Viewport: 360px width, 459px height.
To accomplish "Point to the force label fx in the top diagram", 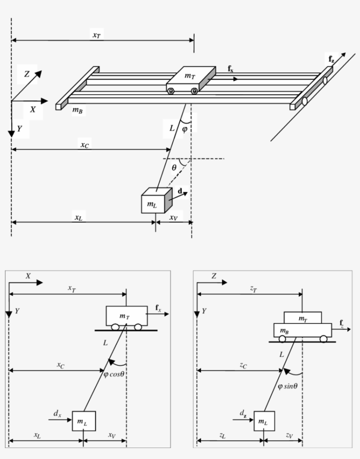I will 231,68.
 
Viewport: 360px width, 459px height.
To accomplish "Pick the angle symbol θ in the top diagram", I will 174,167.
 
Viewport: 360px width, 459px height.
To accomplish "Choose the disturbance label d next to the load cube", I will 180,191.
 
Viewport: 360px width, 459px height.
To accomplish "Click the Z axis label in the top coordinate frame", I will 27,74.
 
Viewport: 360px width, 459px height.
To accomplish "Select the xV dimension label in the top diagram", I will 174,217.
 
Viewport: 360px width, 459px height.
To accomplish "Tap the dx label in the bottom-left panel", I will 58,413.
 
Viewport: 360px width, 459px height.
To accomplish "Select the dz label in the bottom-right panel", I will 243,413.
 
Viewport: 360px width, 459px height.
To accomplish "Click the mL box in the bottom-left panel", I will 83,422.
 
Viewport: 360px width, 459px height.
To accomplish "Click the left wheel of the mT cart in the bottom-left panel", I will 115,327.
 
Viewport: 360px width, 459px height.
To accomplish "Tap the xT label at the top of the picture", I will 96,35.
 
